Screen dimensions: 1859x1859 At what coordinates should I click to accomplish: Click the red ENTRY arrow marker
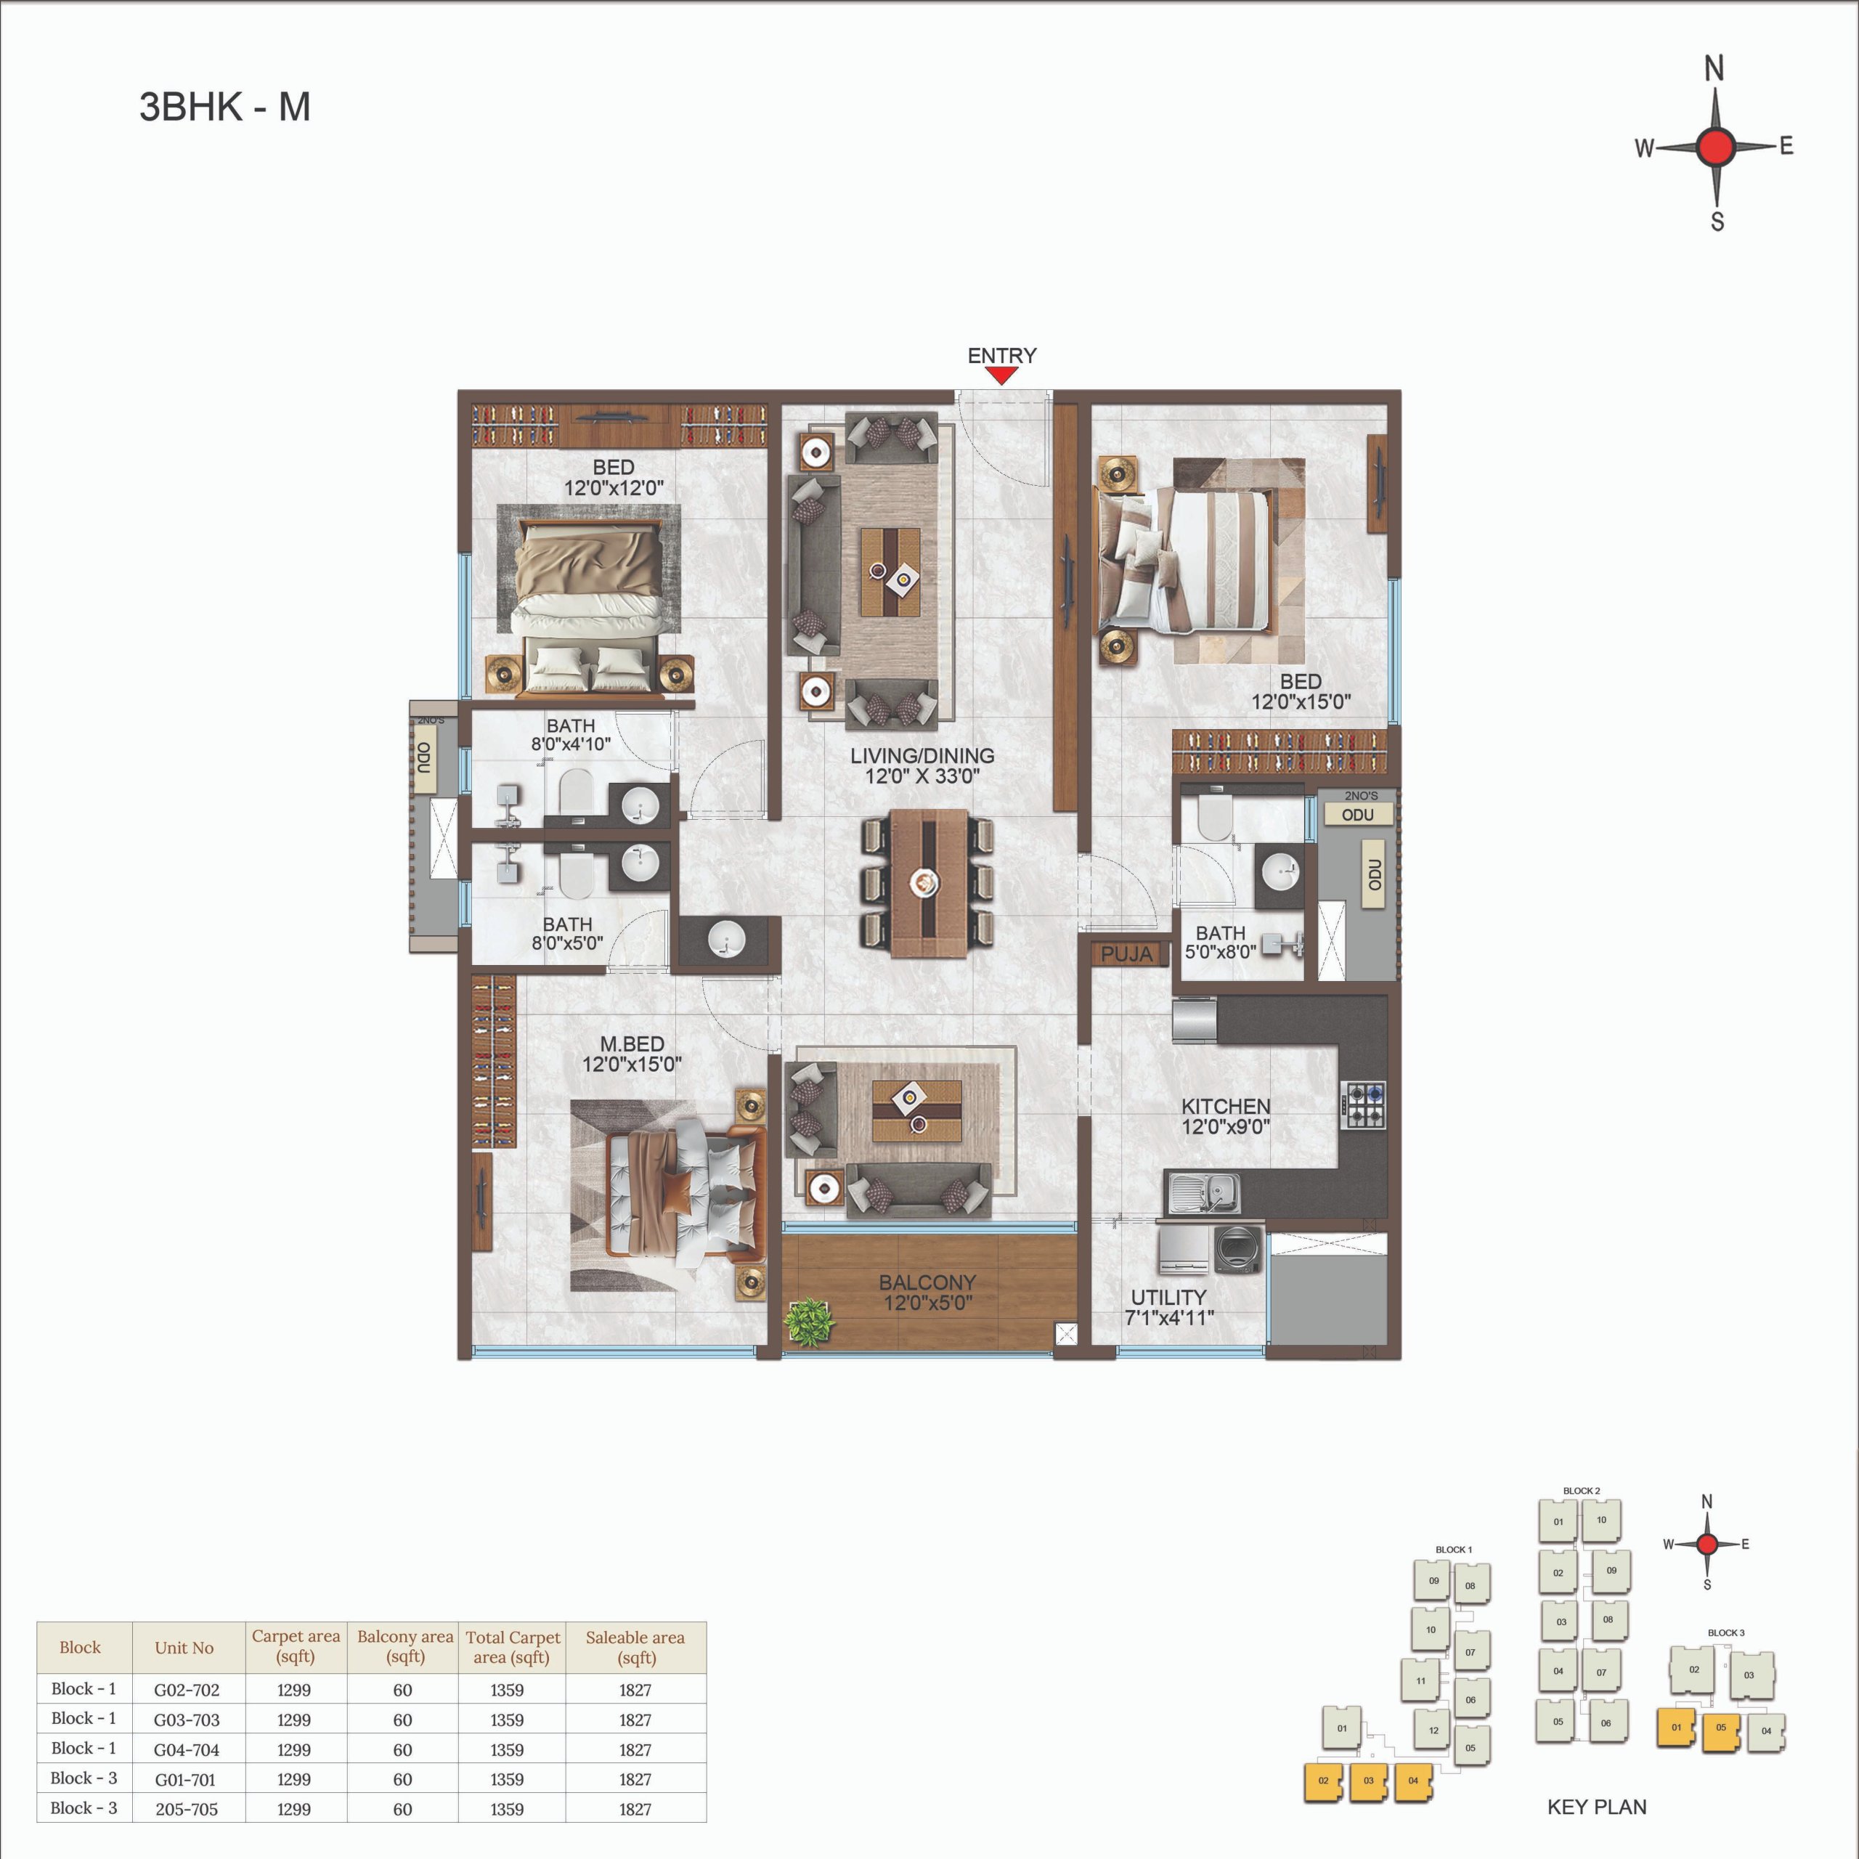tap(1001, 375)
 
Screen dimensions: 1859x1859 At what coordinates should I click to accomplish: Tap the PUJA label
tap(1126, 953)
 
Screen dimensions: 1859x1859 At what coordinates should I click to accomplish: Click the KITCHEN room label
tap(1226, 1107)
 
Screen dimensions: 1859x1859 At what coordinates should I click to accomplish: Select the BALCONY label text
tap(927, 1282)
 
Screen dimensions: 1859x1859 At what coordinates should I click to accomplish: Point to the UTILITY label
tap(1168, 1297)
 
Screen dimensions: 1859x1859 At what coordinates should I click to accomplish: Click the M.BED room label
tap(632, 1044)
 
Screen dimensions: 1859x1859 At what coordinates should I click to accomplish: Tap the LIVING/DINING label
tap(922, 755)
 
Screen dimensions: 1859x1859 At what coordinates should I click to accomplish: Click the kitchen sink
tap(1203, 1194)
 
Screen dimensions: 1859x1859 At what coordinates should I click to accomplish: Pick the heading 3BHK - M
tap(225, 107)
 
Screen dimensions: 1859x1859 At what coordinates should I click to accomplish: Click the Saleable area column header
tap(635, 1646)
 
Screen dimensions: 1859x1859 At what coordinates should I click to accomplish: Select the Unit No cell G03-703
tap(187, 1720)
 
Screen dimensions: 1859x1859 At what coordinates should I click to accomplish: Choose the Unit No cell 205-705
tap(187, 1809)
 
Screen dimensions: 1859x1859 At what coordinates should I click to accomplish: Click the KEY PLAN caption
tap(1596, 1807)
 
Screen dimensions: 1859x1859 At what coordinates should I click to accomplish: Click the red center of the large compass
tap(1716, 147)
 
